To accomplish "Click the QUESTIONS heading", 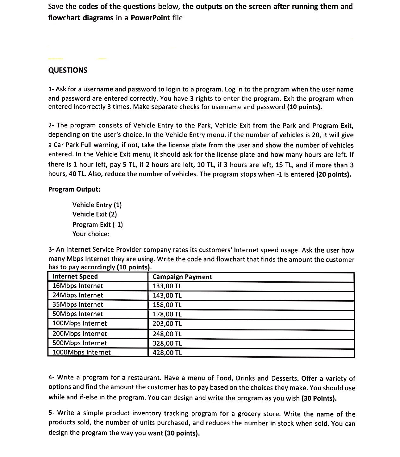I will click(x=67, y=70).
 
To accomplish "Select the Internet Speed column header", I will click(x=75, y=277).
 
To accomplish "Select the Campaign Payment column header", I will click(x=182, y=277).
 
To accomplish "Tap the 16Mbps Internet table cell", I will click(x=78, y=286).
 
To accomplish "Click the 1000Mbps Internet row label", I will click(x=82, y=353).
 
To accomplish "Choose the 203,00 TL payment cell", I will click(x=167, y=324).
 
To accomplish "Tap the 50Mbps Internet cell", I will click(x=78, y=314).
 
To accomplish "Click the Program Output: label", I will click(x=74, y=189).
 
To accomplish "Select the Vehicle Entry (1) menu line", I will click(x=97, y=205).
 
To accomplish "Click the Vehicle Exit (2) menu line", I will click(x=95, y=214).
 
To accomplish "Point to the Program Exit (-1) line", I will click(x=97, y=224).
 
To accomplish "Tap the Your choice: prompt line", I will click(x=91, y=234).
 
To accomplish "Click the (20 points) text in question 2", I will click(x=334, y=174).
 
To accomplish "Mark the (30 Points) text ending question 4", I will click(x=319, y=398).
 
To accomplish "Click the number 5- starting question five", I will click(x=52, y=413).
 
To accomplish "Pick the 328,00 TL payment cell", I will click(x=167, y=343).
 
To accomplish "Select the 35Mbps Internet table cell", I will click(x=78, y=305).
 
